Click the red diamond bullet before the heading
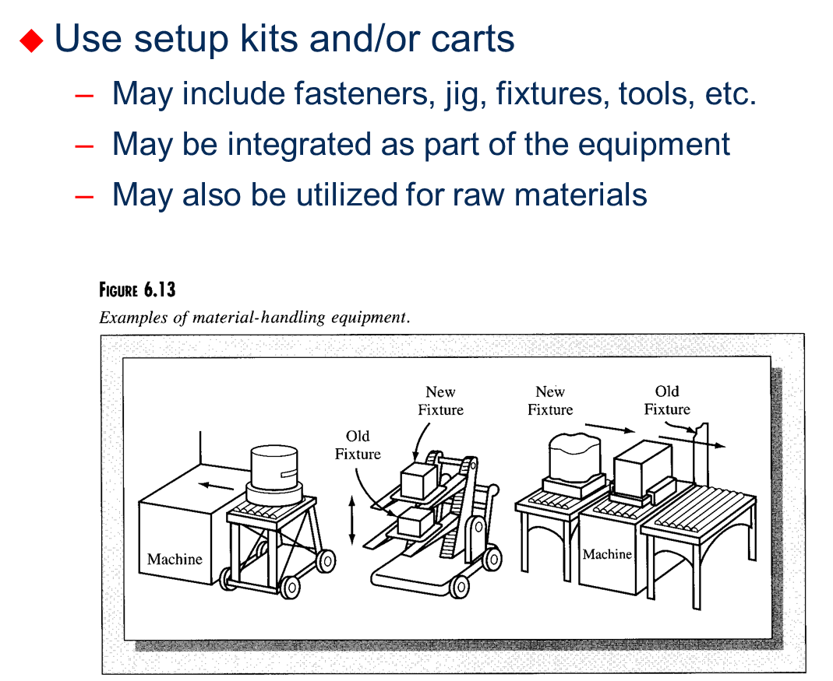coord(32,40)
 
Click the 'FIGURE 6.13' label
coord(137,290)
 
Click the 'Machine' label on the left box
coord(175,559)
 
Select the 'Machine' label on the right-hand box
coord(607,554)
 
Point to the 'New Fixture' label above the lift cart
coord(440,401)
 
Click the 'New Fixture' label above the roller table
coord(550,401)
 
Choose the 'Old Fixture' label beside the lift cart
coord(358,445)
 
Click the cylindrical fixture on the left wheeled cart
coord(273,467)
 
